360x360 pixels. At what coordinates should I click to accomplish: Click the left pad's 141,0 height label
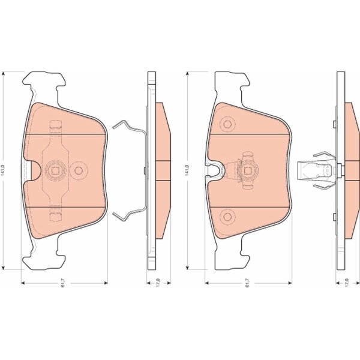(x=3, y=170)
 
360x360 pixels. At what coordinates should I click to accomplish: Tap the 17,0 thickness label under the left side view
(x=158, y=282)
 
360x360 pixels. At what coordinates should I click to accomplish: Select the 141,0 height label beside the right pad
(x=187, y=170)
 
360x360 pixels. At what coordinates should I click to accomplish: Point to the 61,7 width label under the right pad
(x=247, y=283)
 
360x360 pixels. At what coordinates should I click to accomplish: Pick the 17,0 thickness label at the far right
(x=347, y=282)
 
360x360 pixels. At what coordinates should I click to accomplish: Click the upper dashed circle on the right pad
(x=227, y=124)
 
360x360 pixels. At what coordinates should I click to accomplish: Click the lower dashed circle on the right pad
(x=227, y=217)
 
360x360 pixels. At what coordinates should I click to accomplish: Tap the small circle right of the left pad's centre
(x=79, y=170)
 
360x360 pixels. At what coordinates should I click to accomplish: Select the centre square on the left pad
(x=55, y=170)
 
